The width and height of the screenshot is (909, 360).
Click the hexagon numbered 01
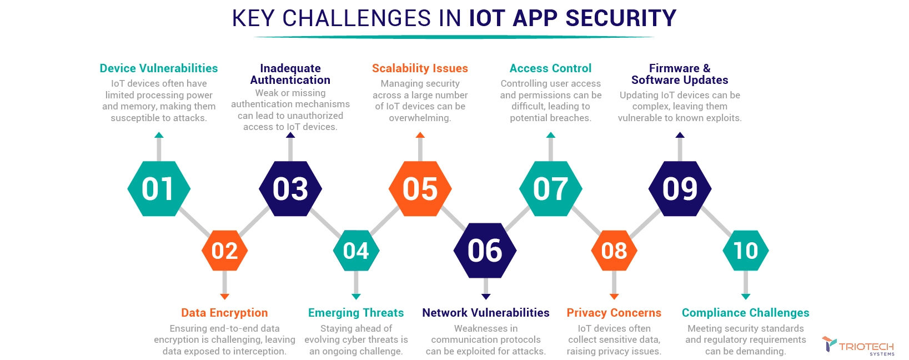(x=159, y=189)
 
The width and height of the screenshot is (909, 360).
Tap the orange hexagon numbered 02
(x=224, y=251)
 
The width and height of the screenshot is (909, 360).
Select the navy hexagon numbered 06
(x=485, y=251)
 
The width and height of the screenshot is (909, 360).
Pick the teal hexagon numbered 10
(x=746, y=251)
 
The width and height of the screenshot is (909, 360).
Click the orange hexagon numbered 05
(x=420, y=189)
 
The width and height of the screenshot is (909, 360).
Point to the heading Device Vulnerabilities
(x=159, y=68)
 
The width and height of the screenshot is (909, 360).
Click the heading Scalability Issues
(x=420, y=68)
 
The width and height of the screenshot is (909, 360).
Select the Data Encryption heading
(x=224, y=313)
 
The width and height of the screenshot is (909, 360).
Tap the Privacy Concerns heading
(x=614, y=313)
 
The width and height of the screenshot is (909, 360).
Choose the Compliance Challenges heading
(x=745, y=313)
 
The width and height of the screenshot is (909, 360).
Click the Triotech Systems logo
(x=858, y=346)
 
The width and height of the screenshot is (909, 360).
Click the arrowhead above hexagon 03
(x=290, y=135)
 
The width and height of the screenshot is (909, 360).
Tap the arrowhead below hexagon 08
(x=614, y=297)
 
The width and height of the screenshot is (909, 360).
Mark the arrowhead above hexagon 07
(x=551, y=135)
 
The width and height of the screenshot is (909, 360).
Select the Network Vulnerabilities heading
(x=486, y=313)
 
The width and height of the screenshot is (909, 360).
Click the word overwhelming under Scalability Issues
(x=419, y=118)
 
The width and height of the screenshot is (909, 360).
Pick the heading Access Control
(x=551, y=68)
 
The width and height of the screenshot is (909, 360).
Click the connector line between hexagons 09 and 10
(x=716, y=221)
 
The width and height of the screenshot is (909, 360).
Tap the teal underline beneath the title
(x=454, y=37)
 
